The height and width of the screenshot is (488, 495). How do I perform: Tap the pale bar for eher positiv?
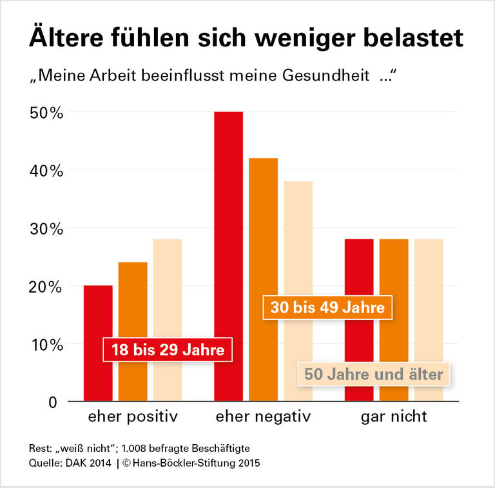click(x=168, y=290)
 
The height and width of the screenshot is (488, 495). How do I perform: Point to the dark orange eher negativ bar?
click(x=263, y=226)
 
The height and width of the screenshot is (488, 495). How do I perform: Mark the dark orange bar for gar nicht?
click(x=394, y=271)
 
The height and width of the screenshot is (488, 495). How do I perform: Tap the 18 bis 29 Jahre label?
click(x=168, y=351)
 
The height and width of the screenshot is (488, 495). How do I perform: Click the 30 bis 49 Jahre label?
click(x=327, y=307)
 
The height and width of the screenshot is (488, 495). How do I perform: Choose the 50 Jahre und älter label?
click(x=374, y=374)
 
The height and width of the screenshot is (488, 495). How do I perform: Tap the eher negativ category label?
click(x=263, y=416)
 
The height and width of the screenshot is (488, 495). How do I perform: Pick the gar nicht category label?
click(x=394, y=416)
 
